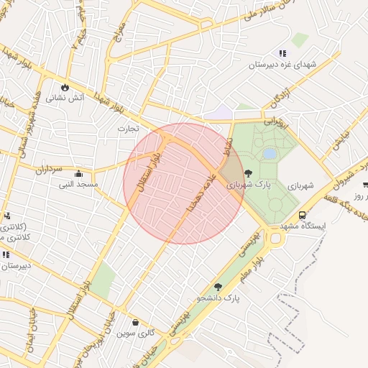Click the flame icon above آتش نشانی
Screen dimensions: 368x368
tap(65, 86)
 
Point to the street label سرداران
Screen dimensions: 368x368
tap(50, 170)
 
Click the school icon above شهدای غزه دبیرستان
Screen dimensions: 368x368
tap(282, 53)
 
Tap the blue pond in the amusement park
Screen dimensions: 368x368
tap(270, 153)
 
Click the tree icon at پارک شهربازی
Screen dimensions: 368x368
tap(249, 173)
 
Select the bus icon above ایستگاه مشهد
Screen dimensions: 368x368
tap(302, 215)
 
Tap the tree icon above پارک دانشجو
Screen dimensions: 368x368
tap(218, 287)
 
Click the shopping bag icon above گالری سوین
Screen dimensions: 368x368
tap(135, 323)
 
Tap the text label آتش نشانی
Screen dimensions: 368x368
tap(65, 98)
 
